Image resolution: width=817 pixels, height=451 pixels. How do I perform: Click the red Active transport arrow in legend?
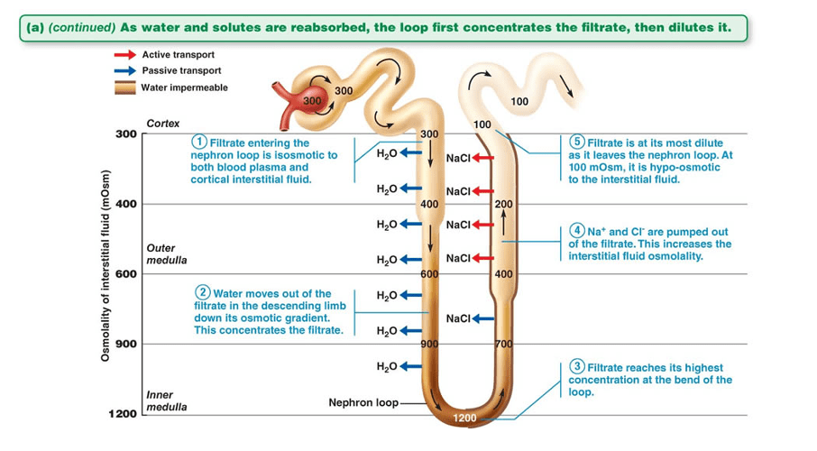click(124, 56)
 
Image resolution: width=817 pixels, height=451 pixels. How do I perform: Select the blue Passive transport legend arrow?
click(124, 71)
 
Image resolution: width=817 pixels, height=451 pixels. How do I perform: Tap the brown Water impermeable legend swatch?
click(124, 87)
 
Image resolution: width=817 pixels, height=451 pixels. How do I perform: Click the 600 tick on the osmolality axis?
click(125, 274)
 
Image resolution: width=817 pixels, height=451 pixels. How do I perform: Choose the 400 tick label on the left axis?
click(125, 204)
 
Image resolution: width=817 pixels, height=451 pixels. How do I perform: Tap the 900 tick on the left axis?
click(125, 344)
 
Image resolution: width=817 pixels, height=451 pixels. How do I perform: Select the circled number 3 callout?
click(578, 367)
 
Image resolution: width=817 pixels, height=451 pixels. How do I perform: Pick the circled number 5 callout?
click(578, 143)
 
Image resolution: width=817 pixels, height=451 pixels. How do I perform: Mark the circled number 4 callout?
click(578, 232)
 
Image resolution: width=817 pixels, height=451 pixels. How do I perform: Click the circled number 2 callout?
click(203, 293)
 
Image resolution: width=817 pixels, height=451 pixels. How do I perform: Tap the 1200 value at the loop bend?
click(464, 419)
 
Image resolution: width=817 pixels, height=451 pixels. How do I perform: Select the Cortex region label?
click(163, 123)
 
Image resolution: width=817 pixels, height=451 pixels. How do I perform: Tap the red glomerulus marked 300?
click(311, 100)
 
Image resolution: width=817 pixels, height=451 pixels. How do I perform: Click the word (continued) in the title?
click(80, 27)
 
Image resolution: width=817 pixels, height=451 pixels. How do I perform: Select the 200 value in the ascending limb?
click(503, 204)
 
